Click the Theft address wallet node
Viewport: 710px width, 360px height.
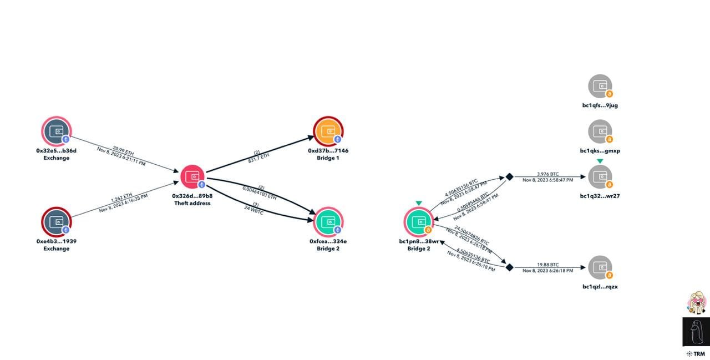(192, 178)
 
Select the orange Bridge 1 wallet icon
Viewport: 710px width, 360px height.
(328, 131)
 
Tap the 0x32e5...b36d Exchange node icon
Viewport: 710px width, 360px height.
(56, 131)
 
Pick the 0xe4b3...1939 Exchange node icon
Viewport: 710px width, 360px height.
(56, 222)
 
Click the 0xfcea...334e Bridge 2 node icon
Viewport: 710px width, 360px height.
(328, 222)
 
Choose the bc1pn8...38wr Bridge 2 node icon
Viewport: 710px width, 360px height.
(418, 222)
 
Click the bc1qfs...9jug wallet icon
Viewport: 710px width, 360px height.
(600, 87)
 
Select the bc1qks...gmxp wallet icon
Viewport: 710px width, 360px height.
(600, 132)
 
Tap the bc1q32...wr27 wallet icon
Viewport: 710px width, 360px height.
(600, 177)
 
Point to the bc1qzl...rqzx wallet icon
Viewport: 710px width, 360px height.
(600, 268)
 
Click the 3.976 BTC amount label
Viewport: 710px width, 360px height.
(547, 174)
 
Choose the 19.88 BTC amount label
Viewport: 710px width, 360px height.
(547, 265)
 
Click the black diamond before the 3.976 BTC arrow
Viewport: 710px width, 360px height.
(509, 177)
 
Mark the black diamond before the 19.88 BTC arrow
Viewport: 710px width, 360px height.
(509, 267)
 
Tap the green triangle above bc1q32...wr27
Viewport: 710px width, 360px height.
(600, 161)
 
